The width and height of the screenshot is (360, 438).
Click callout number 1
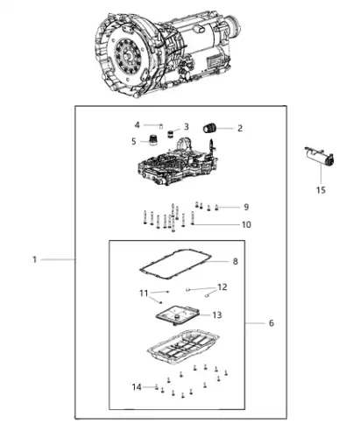click(x=34, y=259)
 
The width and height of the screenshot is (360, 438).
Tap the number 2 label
click(x=240, y=128)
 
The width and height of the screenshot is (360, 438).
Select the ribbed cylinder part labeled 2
click(x=209, y=129)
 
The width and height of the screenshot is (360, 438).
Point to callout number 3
click(x=186, y=127)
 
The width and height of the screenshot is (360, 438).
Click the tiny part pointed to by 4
click(x=160, y=126)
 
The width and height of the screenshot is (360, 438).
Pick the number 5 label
click(x=134, y=141)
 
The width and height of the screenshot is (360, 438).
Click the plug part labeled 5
click(x=153, y=139)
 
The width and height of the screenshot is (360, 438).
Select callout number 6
click(x=272, y=323)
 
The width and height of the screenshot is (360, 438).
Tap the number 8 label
click(x=236, y=261)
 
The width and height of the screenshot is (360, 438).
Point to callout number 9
click(x=246, y=207)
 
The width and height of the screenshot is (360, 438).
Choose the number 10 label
click(x=246, y=224)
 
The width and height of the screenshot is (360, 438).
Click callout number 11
click(x=144, y=293)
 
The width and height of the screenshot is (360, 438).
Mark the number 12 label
click(x=222, y=287)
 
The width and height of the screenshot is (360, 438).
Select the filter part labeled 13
click(x=178, y=315)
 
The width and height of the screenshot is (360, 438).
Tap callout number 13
click(x=217, y=315)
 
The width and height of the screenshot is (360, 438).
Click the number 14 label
click(x=137, y=387)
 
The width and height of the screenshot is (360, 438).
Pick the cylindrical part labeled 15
click(x=320, y=157)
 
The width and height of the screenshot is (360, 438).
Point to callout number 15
click(x=321, y=190)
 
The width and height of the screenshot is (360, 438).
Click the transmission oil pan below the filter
click(x=183, y=348)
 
